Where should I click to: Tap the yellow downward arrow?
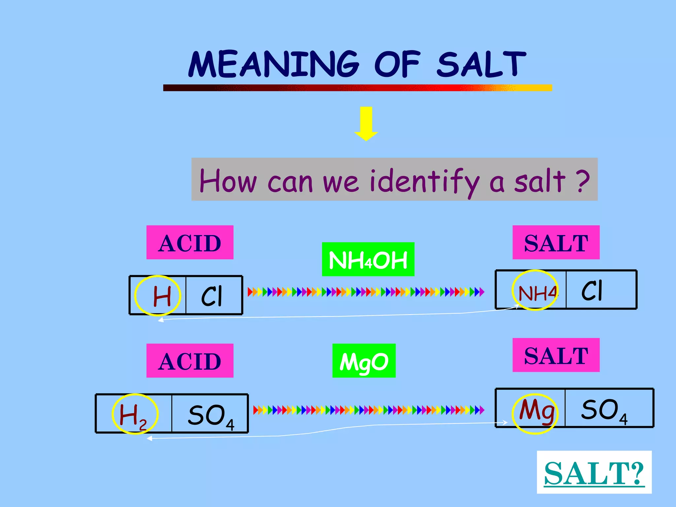click(366, 123)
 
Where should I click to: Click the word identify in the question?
click(424, 181)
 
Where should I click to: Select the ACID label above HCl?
click(190, 243)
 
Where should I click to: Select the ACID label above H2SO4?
click(190, 361)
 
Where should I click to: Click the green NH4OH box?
click(368, 259)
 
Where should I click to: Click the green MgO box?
click(364, 361)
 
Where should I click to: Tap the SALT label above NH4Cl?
click(556, 243)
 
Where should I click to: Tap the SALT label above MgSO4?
click(556, 355)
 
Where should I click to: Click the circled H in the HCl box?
click(162, 296)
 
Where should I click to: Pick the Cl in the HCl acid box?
click(212, 296)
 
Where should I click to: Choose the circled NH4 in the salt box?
click(537, 292)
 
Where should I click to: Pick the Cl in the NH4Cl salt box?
click(592, 290)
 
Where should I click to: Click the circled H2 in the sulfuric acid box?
click(133, 415)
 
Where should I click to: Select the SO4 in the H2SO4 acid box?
click(211, 416)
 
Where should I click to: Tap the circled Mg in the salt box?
click(536, 411)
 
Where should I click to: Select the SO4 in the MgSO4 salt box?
click(604, 410)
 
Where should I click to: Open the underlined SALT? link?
click(594, 473)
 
